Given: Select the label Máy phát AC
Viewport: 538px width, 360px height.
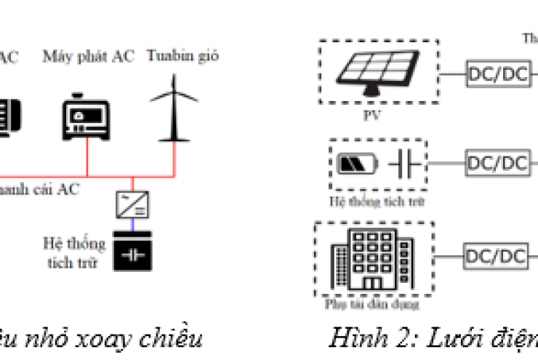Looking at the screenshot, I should [x=88, y=56].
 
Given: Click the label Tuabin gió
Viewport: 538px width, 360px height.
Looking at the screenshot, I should [x=182, y=55].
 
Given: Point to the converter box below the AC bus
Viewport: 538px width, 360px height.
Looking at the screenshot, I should [x=132, y=206].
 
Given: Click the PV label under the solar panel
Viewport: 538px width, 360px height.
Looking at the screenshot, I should [x=377, y=114].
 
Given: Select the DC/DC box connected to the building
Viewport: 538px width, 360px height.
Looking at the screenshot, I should [x=496, y=255].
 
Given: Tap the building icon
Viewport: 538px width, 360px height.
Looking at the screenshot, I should [x=369, y=259].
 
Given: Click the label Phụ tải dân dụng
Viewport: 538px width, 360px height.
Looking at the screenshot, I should [x=374, y=303].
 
